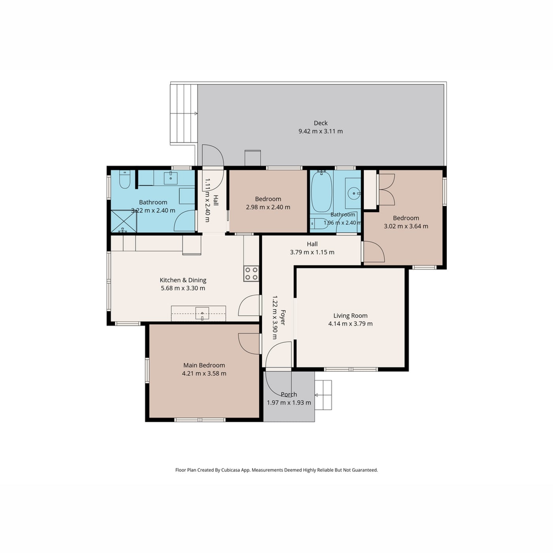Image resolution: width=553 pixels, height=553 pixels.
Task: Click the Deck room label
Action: [x=320, y=123]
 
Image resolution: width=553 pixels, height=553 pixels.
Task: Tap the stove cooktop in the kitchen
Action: [x=251, y=273]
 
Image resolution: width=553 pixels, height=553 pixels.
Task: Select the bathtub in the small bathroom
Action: [x=322, y=192]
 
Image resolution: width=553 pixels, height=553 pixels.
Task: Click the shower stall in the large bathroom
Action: [x=124, y=221]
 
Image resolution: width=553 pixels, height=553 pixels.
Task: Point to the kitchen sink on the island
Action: [x=202, y=313]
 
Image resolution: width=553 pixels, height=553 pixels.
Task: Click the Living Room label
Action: [x=350, y=316]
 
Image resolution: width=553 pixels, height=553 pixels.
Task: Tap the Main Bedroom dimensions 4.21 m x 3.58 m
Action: [x=204, y=373]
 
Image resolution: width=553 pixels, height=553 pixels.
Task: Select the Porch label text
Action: [x=289, y=394]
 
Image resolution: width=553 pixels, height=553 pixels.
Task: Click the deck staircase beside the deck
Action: [x=184, y=113]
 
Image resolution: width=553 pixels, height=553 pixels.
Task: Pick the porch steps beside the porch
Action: [x=323, y=395]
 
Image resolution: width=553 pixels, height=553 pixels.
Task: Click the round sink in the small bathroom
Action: [x=353, y=193]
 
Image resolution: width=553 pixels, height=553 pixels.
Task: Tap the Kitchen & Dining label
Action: [x=183, y=280]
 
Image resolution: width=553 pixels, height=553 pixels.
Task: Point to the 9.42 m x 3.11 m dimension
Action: [x=320, y=132]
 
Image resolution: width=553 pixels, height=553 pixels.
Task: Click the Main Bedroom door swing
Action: [x=248, y=344]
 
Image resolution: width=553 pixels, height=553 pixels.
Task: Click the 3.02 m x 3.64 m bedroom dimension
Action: [x=406, y=226]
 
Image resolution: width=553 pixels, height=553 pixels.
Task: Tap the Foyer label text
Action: [x=283, y=318]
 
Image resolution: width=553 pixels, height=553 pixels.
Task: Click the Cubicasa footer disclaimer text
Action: [x=276, y=470]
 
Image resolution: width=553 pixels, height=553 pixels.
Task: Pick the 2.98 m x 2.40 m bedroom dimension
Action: [x=268, y=207]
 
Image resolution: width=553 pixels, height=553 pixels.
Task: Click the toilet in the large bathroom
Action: [x=124, y=179]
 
